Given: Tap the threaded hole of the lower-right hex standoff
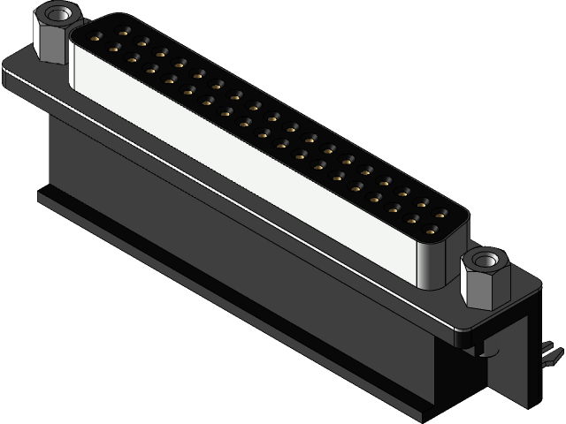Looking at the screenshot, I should tap(482, 261).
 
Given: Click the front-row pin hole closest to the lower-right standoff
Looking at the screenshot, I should tap(432, 232).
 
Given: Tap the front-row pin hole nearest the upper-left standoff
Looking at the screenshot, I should tap(111, 48).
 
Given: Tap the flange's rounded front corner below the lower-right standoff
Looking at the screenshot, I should tap(464, 334).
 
